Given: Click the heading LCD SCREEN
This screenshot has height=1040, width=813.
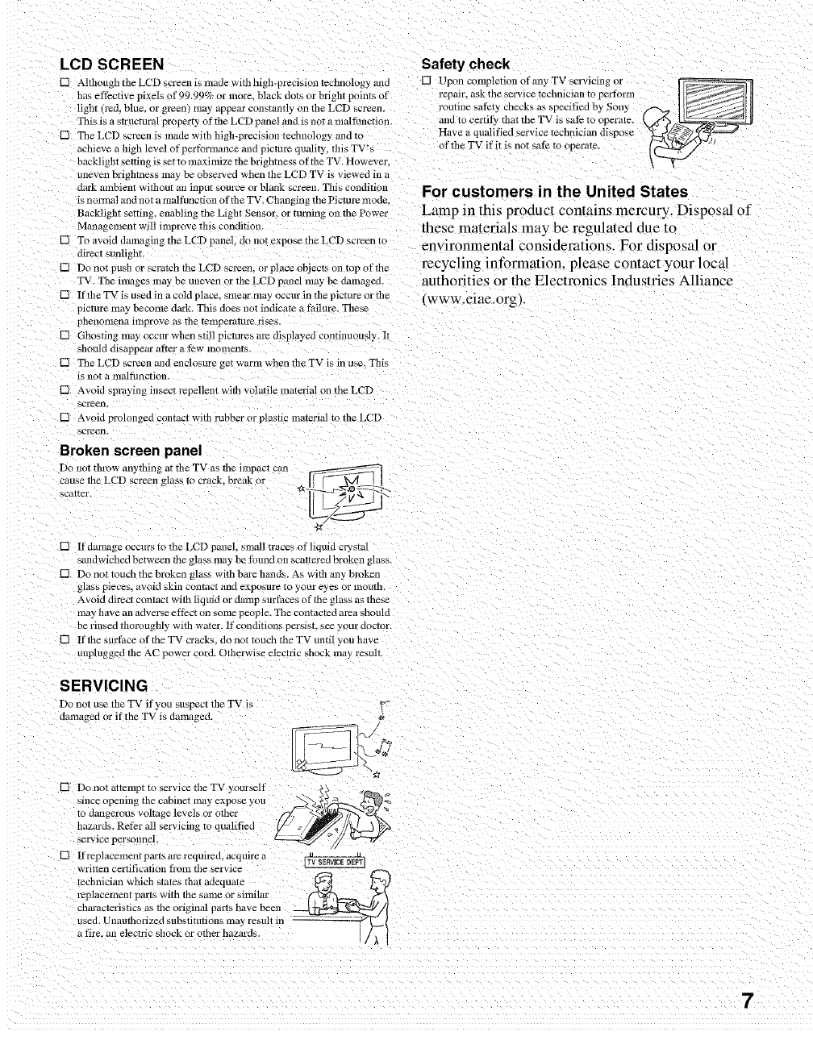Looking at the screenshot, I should click(x=112, y=64).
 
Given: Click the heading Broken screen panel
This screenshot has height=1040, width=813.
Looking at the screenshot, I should click(x=131, y=450).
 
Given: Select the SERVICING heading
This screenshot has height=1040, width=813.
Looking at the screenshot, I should click(x=104, y=686).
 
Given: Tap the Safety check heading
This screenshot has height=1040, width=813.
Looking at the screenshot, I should click(x=466, y=64).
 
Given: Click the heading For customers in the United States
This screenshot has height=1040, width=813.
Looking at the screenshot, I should click(x=555, y=192).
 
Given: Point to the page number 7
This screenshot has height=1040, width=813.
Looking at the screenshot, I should click(x=748, y=1000).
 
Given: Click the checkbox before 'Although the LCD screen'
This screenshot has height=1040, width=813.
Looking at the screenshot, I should click(x=66, y=83).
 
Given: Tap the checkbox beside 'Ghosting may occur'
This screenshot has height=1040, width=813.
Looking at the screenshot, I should click(x=66, y=335).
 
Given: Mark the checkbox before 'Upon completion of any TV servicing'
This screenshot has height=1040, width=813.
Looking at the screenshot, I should click(x=427, y=81).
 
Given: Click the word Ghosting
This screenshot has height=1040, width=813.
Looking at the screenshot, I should click(x=98, y=335).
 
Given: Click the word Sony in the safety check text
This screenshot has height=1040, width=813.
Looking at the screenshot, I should click(x=617, y=106).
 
